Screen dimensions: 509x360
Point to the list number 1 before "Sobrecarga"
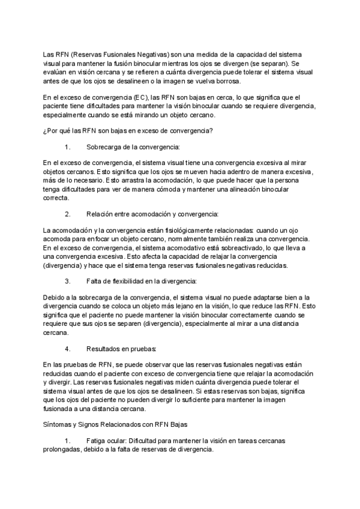(x=67, y=146)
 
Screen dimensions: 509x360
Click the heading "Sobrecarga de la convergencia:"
(x=133, y=146)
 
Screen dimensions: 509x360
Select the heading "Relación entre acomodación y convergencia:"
(x=152, y=214)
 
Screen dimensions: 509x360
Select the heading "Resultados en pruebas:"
(x=122, y=348)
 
